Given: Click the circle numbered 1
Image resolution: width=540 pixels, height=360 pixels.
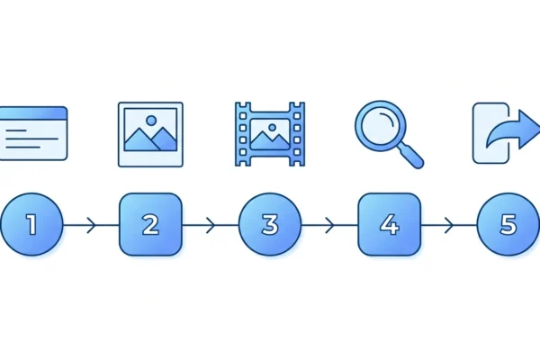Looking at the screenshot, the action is [x=31, y=225].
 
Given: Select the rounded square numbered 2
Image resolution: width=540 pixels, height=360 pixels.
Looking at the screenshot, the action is [x=150, y=225].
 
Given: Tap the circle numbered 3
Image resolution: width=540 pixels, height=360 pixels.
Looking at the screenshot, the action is [x=270, y=225].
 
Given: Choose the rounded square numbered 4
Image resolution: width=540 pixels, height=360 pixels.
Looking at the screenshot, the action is [x=390, y=225].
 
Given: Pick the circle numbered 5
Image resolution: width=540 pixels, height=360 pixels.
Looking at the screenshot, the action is [x=508, y=225].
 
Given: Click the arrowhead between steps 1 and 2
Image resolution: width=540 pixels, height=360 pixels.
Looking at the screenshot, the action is [x=91, y=225].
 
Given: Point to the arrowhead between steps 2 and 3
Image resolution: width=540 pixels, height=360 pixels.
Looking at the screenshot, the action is [x=211, y=225].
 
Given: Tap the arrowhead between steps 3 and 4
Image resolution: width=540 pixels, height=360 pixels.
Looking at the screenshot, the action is [x=329, y=225].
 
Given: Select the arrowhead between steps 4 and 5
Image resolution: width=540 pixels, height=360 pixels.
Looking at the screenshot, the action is [x=449, y=225].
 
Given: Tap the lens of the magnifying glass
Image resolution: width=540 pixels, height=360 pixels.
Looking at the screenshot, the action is [x=381, y=126].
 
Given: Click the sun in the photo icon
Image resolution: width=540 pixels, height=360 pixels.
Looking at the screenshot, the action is [x=151, y=121].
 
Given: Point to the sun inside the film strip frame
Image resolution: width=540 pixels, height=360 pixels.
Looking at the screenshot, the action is [x=272, y=128].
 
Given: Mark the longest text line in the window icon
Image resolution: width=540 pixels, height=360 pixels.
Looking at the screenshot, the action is [x=32, y=139].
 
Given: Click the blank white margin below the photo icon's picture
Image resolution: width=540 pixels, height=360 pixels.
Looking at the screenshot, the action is [x=150, y=158].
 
